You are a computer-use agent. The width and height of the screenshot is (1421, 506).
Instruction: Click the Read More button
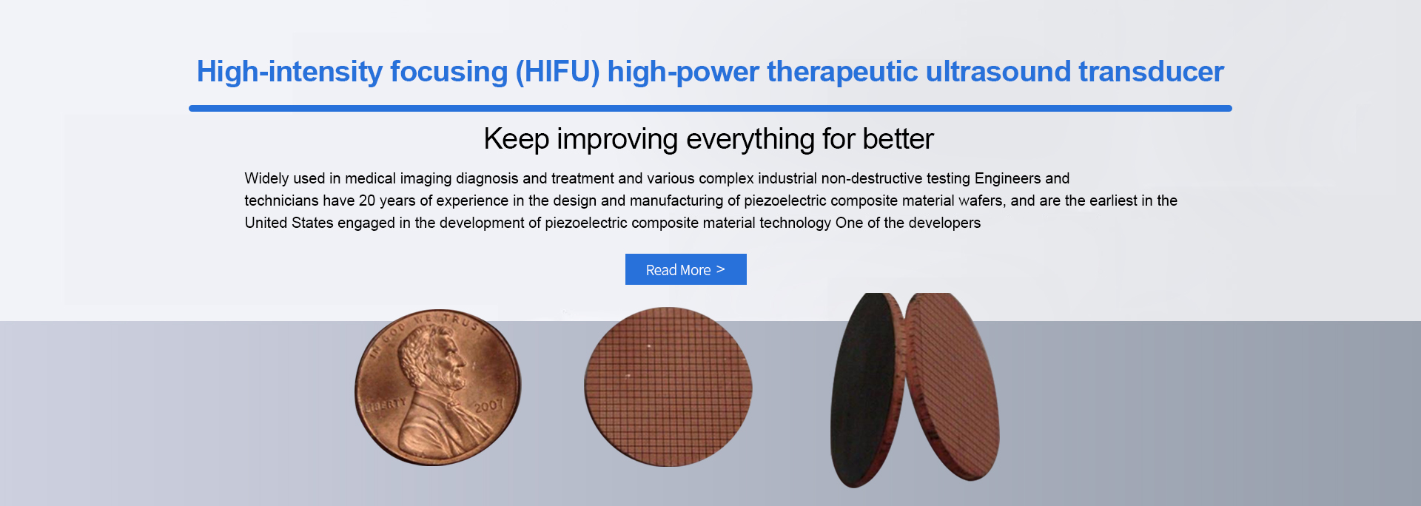[x=685, y=269]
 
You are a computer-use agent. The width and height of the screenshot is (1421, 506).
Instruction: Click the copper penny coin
[x=438, y=388]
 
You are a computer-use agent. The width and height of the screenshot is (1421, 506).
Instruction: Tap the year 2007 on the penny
[x=488, y=405]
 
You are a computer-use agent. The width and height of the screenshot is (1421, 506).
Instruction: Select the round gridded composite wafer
[x=668, y=387]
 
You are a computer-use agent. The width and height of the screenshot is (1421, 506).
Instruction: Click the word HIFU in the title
[x=557, y=72]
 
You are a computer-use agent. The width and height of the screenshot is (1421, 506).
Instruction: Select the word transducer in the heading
[x=1151, y=72]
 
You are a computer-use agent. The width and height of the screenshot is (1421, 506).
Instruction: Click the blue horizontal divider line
[x=710, y=108]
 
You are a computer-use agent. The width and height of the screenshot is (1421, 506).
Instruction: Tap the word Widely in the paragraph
[x=265, y=178]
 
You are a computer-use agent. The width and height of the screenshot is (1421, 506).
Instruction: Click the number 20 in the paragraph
[x=367, y=200]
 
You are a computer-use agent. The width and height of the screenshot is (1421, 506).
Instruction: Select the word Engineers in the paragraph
[x=1007, y=178]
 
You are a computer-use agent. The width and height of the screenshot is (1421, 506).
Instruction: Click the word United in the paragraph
[x=266, y=223]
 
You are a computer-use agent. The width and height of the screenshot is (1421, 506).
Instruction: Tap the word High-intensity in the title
[x=289, y=72]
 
